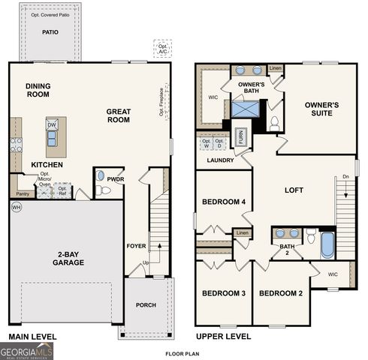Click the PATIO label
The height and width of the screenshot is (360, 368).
(x=50, y=33)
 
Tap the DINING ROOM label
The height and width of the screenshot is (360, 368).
(x=38, y=91)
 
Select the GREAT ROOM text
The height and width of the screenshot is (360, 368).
(x=118, y=116)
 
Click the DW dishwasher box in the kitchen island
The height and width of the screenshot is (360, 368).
(x=52, y=125)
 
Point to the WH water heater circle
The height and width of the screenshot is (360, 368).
(x=17, y=206)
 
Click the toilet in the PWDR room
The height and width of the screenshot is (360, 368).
(x=103, y=190)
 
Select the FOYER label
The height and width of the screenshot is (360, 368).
(x=135, y=245)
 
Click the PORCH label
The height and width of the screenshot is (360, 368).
(x=146, y=305)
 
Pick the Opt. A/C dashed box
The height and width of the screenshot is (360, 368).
(x=162, y=47)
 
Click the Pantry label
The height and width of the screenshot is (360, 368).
(x=22, y=193)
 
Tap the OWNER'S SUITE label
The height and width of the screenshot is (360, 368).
(x=321, y=110)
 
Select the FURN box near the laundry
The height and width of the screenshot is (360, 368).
(x=241, y=136)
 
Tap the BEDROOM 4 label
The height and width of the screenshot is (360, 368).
(x=223, y=202)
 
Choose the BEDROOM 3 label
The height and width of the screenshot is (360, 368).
(x=223, y=292)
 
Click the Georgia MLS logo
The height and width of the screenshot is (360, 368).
(x=27, y=350)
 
